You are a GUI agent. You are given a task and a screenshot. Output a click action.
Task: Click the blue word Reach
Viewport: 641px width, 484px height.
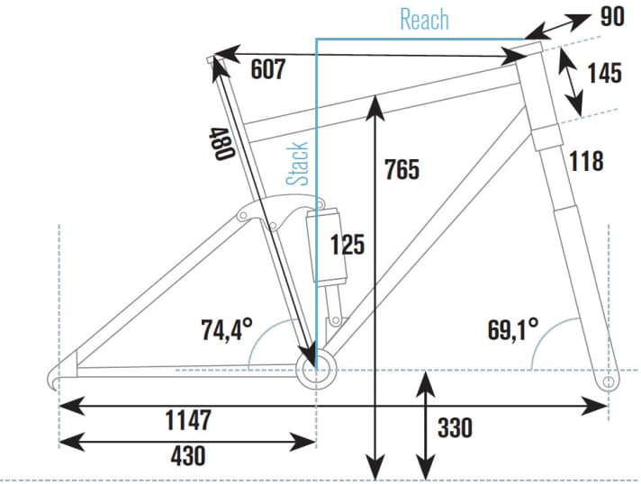[424, 19]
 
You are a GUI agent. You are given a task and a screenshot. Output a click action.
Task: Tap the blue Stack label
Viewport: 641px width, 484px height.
[298, 163]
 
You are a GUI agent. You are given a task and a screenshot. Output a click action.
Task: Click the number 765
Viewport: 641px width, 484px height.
[402, 168]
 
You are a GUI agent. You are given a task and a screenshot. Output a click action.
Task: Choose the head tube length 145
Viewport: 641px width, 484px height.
[604, 72]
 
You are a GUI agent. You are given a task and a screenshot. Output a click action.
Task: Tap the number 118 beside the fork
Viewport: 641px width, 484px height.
[585, 161]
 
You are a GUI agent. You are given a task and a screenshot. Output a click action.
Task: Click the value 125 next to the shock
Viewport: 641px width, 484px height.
[347, 244]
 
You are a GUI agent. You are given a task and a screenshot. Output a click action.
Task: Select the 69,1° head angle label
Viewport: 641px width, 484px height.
[513, 328]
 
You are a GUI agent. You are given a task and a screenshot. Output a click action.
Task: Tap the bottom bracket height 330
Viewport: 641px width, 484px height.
[455, 427]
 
